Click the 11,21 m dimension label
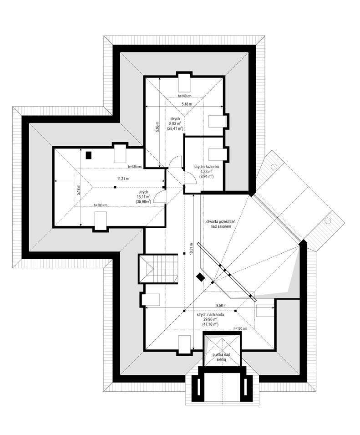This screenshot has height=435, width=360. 123,179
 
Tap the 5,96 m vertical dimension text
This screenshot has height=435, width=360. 157,127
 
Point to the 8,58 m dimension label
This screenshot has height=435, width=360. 221,306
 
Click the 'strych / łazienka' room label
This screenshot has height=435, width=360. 207,167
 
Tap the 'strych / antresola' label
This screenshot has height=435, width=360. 210,315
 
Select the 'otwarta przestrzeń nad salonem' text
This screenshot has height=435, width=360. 221,224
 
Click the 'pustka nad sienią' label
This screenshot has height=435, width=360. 222,357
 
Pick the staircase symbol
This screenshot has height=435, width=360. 158,269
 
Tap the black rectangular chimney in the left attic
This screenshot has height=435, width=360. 88,155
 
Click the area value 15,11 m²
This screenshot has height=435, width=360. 143,197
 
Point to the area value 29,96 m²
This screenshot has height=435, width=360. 210,319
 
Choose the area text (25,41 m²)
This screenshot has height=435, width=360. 175,128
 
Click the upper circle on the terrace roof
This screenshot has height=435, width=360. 274,167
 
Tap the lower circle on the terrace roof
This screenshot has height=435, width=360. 328,221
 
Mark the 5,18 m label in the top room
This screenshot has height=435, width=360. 187,104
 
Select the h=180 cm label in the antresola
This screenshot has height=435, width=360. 240,328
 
